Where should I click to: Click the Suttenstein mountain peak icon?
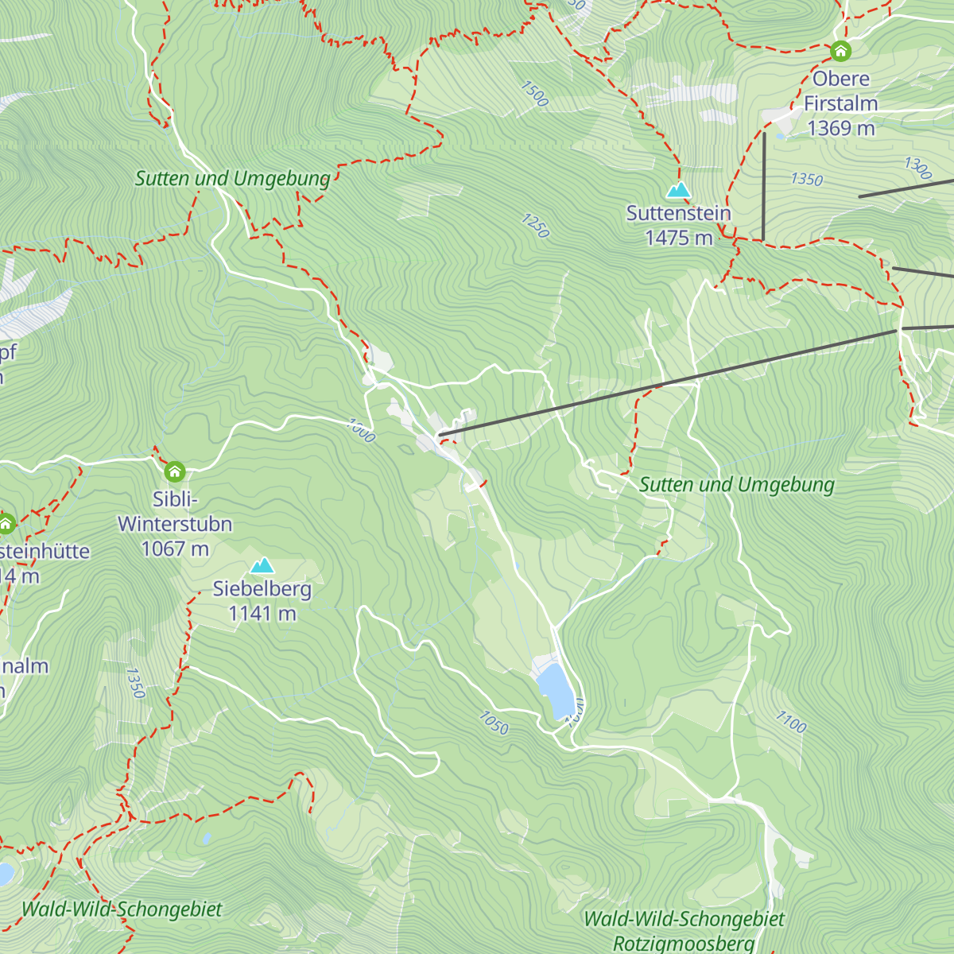point(678,190)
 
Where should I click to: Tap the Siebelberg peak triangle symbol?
point(262,566)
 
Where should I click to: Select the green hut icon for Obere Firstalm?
point(840,52)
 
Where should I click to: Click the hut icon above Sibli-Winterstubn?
point(175,472)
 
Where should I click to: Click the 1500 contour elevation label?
point(535,94)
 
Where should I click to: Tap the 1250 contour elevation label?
point(535,226)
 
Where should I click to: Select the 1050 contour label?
point(493,723)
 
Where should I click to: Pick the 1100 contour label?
point(791,722)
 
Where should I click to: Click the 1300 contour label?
point(917,168)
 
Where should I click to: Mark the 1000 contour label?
point(361,431)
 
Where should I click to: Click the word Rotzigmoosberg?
point(684,944)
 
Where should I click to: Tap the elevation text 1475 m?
point(679,238)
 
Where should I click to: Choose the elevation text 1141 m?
point(262,614)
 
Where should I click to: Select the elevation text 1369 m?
point(841,128)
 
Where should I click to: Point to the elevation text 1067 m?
point(175,549)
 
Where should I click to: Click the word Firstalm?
point(841,103)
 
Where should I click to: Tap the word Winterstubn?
point(175,524)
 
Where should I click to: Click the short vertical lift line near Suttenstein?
point(763,187)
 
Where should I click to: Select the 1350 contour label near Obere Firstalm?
point(806,179)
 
